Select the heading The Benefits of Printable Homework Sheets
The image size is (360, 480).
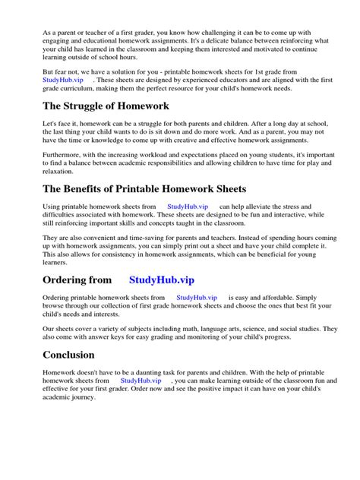[x=144, y=189]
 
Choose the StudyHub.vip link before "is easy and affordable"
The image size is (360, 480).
[x=196, y=298]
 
